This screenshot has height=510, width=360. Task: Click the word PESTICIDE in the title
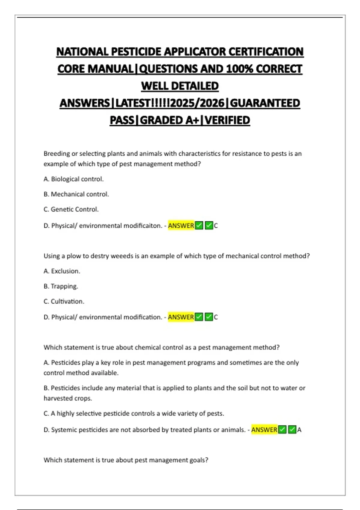[137, 52]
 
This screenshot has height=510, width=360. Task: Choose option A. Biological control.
[73, 179]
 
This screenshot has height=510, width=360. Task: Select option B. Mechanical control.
[76, 194]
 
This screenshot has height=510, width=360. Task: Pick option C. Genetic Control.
[71, 209]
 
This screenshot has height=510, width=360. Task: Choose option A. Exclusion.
[62, 271]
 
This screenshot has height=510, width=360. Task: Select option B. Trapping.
[61, 286]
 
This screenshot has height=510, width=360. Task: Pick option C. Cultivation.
[64, 301]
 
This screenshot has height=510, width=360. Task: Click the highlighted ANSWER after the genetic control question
[181, 226]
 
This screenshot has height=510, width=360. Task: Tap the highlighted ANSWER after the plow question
[181, 317]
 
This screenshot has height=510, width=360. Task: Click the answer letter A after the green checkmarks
[299, 430]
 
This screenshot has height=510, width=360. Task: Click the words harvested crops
[68, 398]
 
